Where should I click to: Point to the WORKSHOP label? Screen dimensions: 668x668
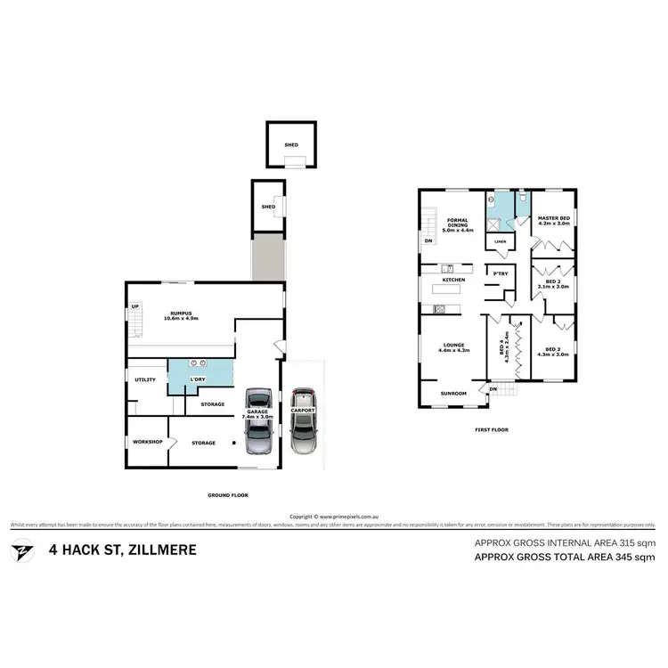coord(147,443)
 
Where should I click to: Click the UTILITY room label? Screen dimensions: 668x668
coord(145,380)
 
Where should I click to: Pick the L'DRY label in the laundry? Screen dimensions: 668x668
coord(198,380)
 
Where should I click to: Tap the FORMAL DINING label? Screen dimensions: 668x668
coord(458,224)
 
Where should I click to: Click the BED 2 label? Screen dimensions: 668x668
coord(553,282)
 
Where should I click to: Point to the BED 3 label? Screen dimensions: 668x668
coord(552,351)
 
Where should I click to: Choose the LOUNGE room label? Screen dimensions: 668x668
coord(453,346)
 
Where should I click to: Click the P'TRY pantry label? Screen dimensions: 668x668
coord(496,273)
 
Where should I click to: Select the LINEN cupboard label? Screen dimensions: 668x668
coord(501,241)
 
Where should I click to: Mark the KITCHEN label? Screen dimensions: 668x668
coord(454,281)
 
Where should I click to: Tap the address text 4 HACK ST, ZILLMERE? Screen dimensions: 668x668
coord(123,550)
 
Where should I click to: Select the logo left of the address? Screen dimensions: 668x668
coord(20,550)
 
